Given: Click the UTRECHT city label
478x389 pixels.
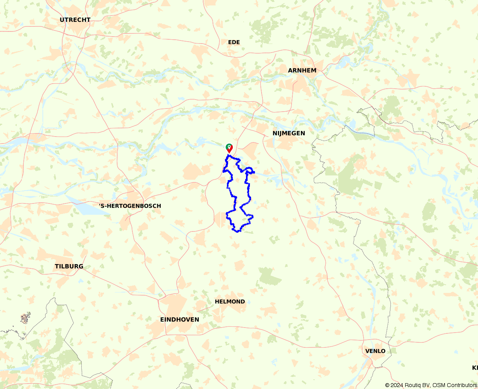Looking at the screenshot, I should [x=75, y=20].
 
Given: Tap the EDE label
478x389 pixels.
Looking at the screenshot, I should [x=234, y=42].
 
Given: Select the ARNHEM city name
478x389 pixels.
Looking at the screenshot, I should [x=302, y=70].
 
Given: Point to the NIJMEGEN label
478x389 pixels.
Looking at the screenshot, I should [x=289, y=133].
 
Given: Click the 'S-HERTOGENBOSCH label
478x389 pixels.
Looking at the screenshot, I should [x=130, y=206].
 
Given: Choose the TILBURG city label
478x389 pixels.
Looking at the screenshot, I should [x=69, y=266].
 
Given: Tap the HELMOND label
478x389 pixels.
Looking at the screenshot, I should [x=230, y=301].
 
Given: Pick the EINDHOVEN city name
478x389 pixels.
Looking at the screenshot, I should [x=179, y=319].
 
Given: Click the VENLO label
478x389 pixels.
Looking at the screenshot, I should [x=375, y=351].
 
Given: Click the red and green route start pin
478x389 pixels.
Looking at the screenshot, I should [x=229, y=148].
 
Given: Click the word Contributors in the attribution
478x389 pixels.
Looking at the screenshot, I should [x=462, y=385].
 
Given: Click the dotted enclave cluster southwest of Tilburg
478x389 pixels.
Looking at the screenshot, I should [x=25, y=318].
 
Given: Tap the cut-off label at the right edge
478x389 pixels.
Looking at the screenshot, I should [x=475, y=368].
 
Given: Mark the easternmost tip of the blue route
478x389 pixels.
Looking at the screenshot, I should [x=254, y=172].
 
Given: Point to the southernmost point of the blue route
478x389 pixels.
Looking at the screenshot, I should [x=237, y=232].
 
